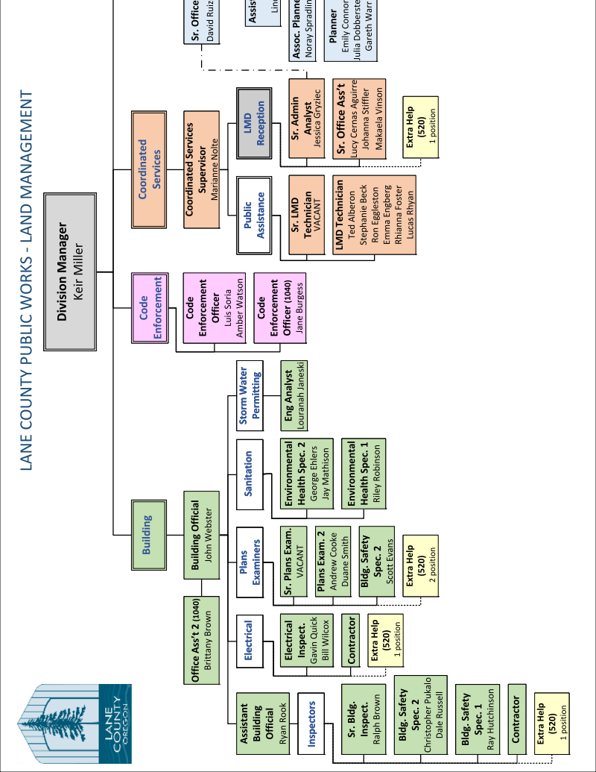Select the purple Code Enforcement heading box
pos(147,308)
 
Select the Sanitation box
pos(249,474)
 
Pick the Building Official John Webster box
pos(201,535)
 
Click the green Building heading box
pos(147,535)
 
